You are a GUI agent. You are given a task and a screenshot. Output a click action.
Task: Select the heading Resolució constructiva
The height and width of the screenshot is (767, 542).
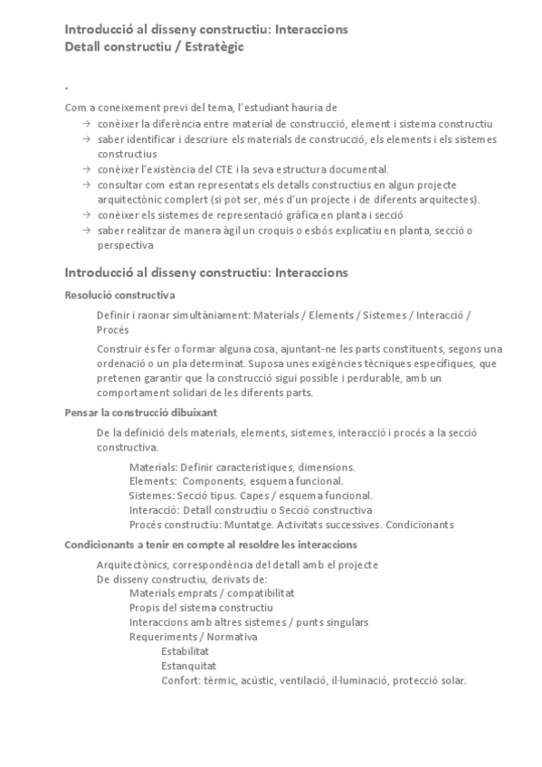(120, 295)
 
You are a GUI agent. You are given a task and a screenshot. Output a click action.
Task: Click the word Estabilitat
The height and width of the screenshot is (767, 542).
(185, 651)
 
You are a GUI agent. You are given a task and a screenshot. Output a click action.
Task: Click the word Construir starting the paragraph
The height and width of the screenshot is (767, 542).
(119, 349)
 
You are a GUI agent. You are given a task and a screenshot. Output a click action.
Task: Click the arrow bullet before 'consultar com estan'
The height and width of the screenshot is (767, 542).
(85, 185)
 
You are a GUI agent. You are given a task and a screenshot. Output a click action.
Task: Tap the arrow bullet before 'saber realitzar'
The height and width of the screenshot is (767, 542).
(85, 231)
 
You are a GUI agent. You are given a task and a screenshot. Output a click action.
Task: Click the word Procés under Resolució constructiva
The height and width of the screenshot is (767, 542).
(113, 329)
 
